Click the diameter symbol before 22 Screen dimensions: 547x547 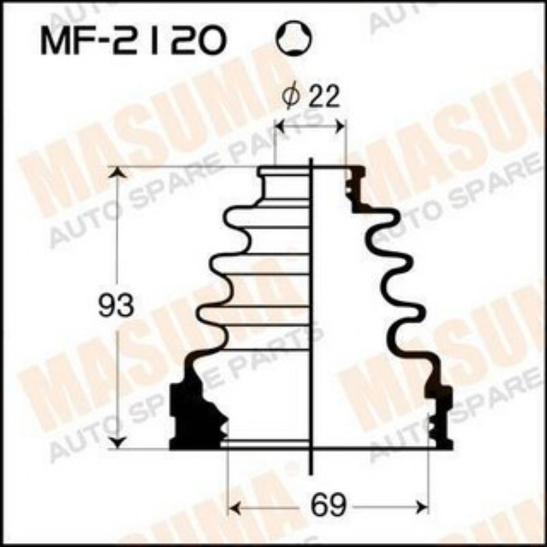coord(291,98)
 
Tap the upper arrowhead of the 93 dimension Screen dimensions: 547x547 coord(117,173)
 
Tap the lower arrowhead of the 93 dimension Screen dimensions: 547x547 coord(117,443)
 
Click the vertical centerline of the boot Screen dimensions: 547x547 coord(312,313)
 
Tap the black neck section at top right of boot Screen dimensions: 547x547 coord(354,184)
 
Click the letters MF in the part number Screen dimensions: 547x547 coord(66,41)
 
